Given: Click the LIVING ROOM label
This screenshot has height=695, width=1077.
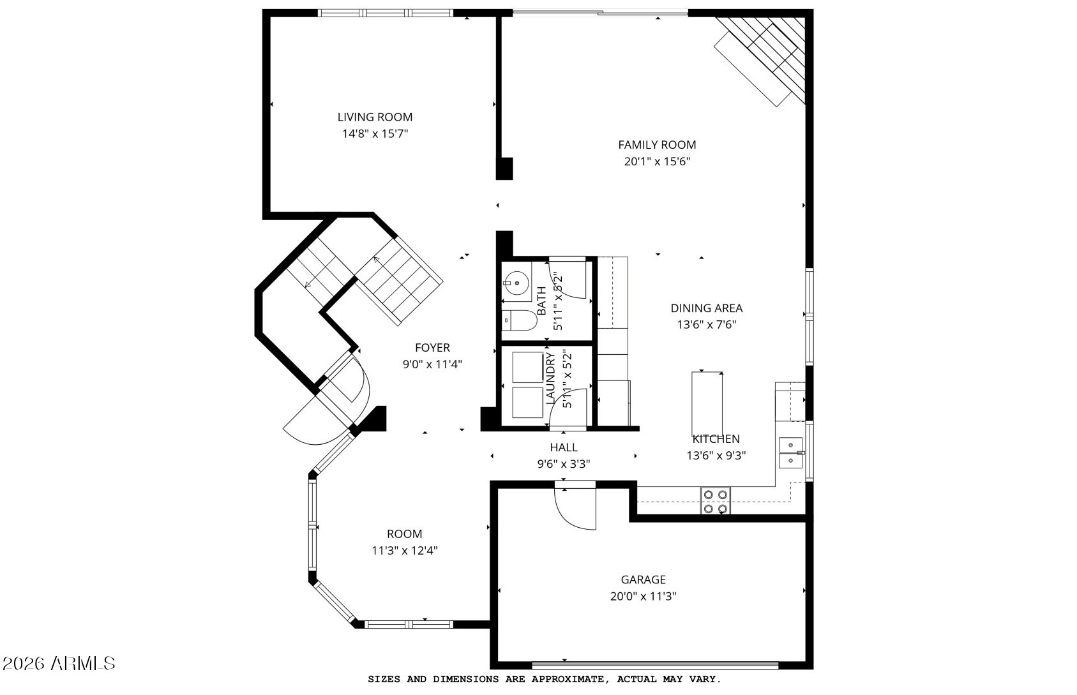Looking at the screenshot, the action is (x=375, y=117).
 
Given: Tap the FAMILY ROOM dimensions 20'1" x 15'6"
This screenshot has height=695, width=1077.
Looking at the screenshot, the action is (x=657, y=161).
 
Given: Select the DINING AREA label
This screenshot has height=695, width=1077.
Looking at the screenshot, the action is (x=706, y=308).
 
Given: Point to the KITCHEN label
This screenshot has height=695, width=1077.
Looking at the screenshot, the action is (x=716, y=439).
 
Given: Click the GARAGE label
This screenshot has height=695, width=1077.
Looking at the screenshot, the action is (x=644, y=579).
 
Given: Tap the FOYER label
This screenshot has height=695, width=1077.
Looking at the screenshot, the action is (x=432, y=347).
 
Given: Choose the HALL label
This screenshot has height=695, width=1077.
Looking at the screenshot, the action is (x=564, y=447).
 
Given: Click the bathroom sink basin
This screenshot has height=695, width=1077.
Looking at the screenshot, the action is (x=517, y=283).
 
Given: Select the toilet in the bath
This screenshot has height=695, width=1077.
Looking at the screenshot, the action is (x=519, y=320).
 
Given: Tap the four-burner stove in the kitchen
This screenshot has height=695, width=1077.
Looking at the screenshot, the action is (x=716, y=501).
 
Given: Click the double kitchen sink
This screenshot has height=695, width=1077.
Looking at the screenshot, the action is (x=790, y=452).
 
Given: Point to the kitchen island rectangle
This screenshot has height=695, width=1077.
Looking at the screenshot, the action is (x=707, y=404).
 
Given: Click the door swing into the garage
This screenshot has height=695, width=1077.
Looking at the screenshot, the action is (x=575, y=509).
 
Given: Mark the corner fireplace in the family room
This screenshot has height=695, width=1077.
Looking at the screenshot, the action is (x=764, y=60).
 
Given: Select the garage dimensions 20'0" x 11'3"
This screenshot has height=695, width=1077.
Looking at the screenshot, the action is (x=644, y=597).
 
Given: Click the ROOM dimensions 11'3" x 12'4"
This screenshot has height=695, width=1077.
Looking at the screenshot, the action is (x=404, y=550).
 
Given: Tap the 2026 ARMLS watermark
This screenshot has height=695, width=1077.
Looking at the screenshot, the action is (x=59, y=664).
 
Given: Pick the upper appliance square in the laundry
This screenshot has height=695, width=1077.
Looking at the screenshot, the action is (x=527, y=367).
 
